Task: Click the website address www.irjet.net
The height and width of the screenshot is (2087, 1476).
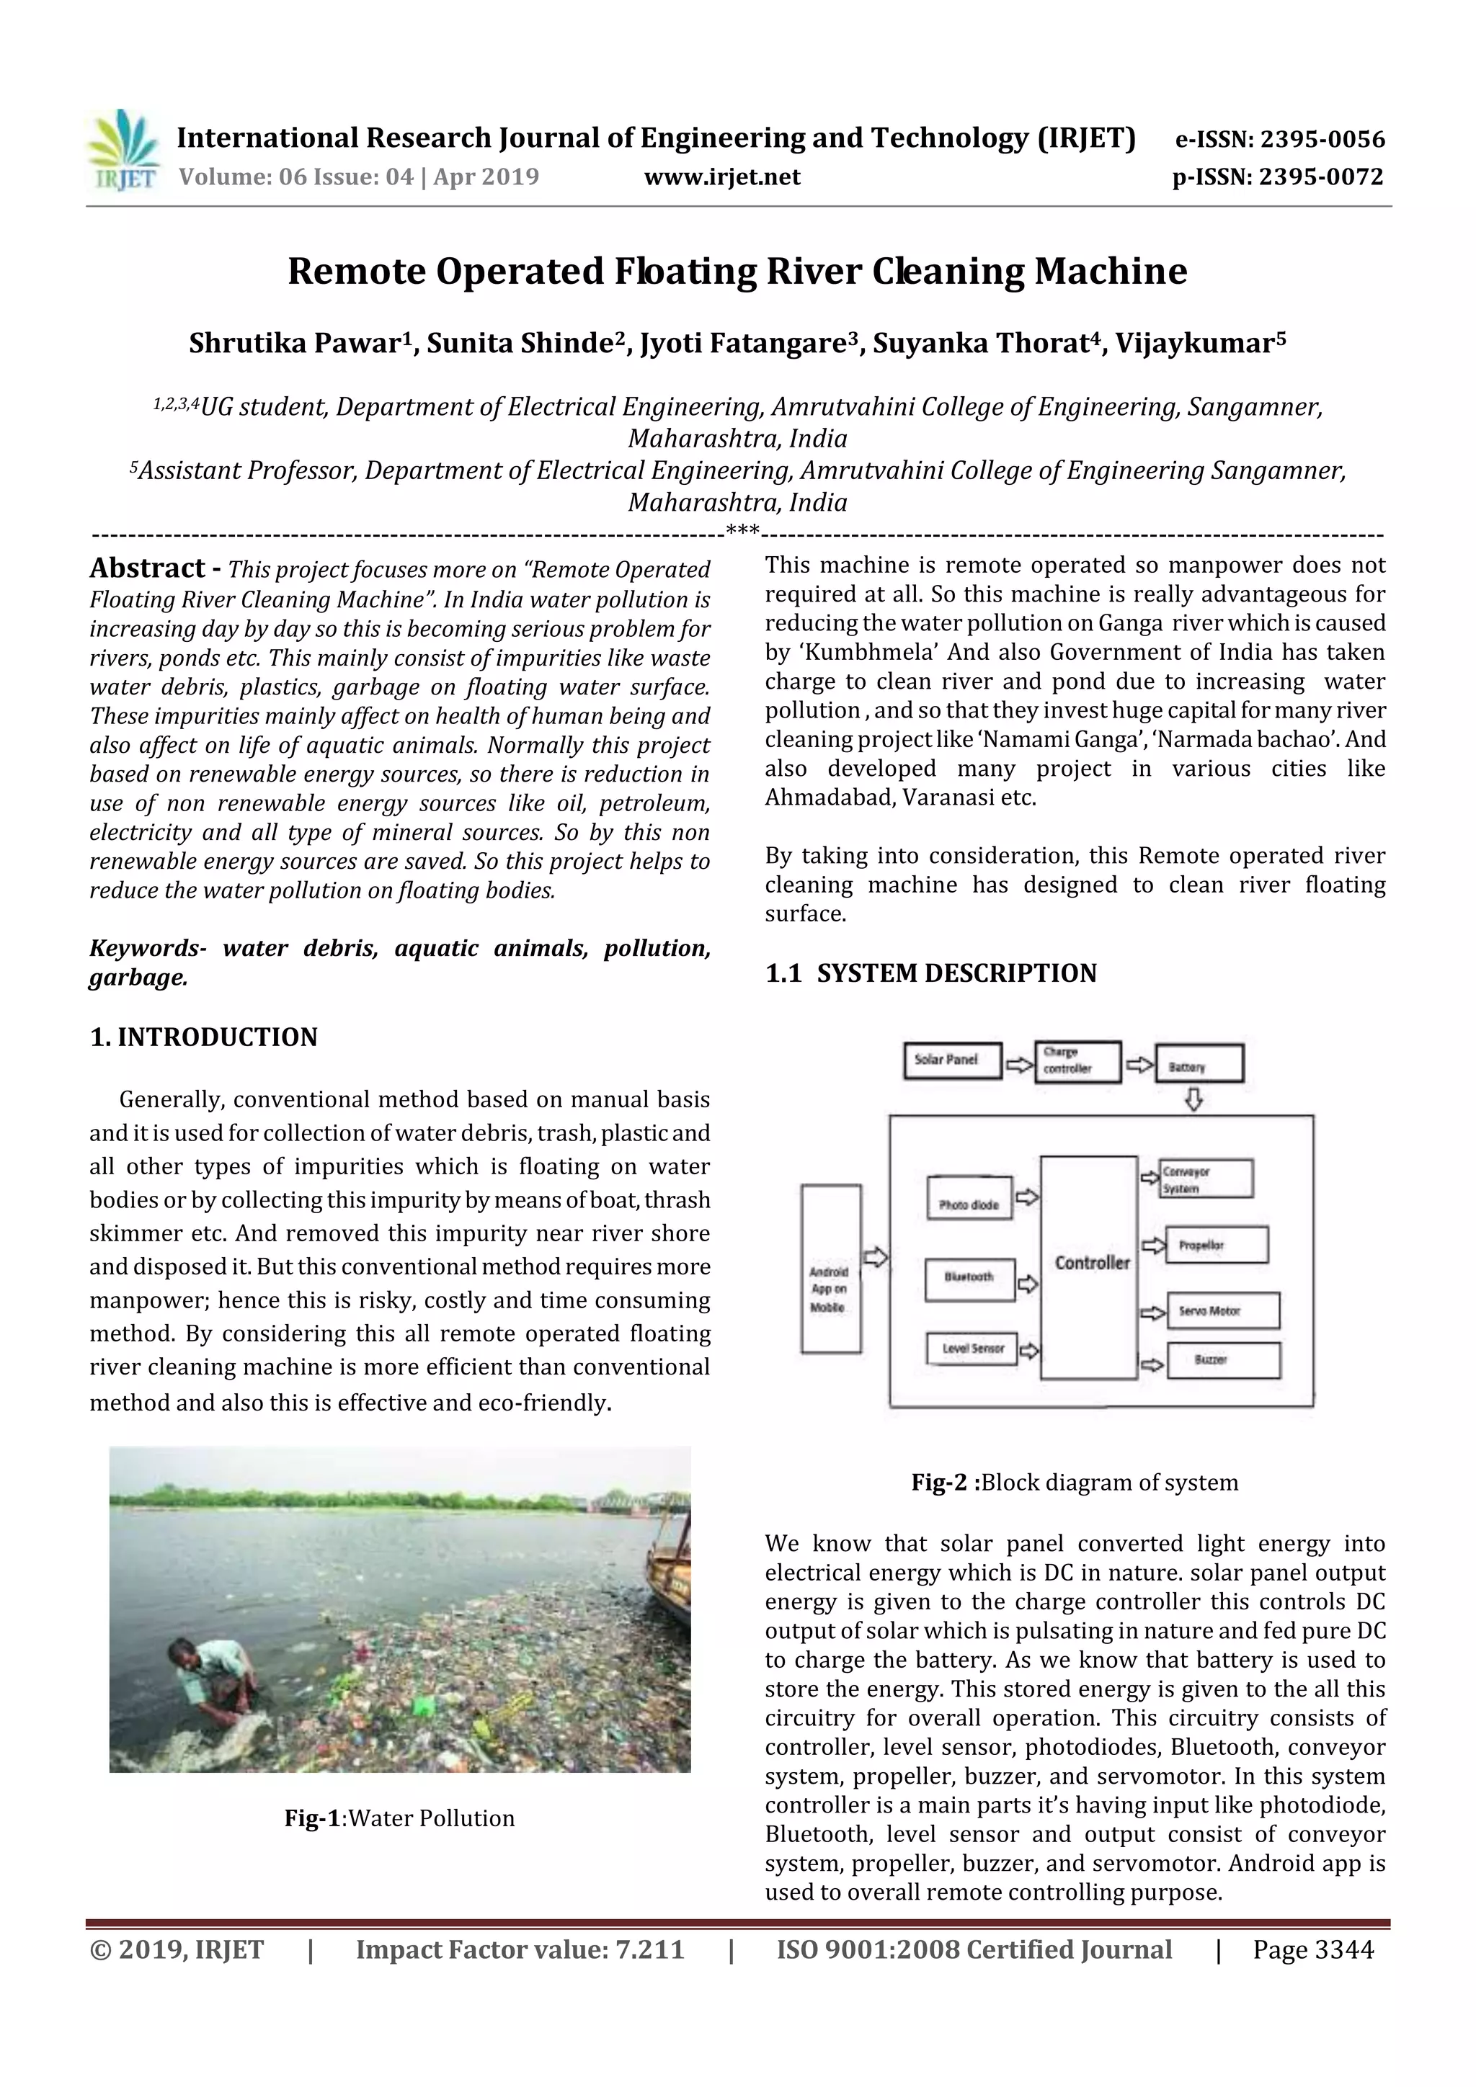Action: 722,176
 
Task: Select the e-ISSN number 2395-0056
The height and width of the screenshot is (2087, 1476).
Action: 1322,139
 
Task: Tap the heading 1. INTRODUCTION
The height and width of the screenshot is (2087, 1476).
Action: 204,1037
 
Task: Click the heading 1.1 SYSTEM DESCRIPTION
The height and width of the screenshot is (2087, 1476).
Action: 930,973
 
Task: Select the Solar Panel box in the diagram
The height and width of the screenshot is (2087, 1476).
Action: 952,1060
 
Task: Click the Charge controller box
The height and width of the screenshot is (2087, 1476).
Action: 1077,1062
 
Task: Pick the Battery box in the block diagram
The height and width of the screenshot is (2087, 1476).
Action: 1198,1063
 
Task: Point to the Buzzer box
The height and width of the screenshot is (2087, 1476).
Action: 1222,1360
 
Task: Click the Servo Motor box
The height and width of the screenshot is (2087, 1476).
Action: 1222,1310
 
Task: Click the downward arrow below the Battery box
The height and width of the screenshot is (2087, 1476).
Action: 1193,1100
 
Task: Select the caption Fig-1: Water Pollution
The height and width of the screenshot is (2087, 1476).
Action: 399,1836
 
